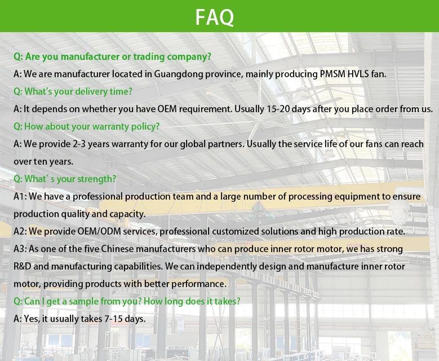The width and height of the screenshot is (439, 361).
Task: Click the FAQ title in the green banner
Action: (x=215, y=17)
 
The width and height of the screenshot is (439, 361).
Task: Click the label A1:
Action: (x=20, y=196)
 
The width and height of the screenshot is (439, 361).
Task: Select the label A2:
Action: (x=20, y=231)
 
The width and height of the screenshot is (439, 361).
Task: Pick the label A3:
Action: (x=20, y=249)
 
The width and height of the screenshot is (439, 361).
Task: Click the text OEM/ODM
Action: (x=99, y=231)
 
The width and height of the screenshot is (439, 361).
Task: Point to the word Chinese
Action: (x=117, y=249)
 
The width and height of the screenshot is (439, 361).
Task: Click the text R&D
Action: (x=23, y=266)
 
